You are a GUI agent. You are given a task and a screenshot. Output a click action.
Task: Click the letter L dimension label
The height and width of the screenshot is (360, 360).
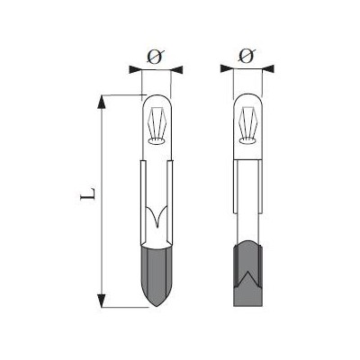pos(87,194)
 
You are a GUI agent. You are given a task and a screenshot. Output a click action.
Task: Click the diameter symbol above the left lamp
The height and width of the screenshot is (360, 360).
pos(156,56)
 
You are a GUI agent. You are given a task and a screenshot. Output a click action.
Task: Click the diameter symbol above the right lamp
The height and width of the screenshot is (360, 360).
pos(247,56)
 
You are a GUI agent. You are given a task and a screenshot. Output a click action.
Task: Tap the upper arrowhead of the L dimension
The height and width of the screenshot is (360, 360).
pos(102,102)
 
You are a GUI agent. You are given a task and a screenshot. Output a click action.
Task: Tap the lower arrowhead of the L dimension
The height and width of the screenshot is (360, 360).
pos(102,301)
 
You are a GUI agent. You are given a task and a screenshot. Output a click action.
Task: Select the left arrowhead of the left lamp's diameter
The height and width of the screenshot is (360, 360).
pos(135,69)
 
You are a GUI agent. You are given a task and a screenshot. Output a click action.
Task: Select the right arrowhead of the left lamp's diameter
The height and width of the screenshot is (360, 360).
pos(176,70)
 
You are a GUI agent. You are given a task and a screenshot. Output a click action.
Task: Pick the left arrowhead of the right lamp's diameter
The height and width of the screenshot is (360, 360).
pos(227,68)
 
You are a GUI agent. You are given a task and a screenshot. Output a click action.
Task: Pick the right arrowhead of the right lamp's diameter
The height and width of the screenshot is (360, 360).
pos(267,68)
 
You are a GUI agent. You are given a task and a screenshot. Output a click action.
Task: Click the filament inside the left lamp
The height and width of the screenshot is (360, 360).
pos(157,123)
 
